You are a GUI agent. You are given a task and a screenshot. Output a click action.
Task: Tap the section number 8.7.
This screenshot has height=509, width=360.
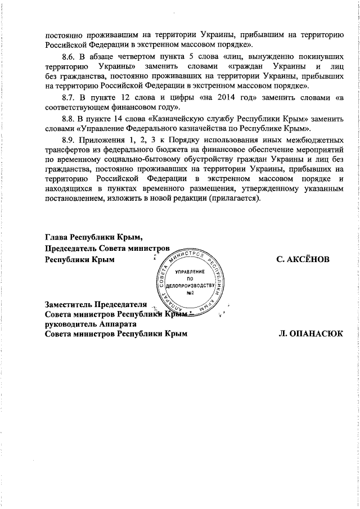point(67,97)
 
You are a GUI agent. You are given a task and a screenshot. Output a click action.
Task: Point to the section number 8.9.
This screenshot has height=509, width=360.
point(67,138)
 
